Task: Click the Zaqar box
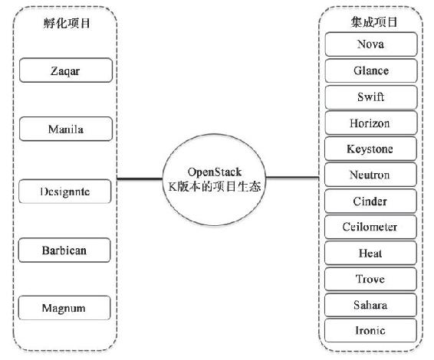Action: [66, 70]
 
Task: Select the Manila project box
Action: [66, 129]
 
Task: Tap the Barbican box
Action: [64, 250]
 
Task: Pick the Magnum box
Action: [64, 308]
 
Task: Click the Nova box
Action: [371, 44]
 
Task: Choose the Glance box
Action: [371, 70]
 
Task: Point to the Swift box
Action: [371, 97]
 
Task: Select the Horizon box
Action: [370, 123]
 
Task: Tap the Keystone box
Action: [370, 149]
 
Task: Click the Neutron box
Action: [370, 175]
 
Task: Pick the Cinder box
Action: [370, 201]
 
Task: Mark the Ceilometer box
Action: [370, 227]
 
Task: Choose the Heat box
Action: [370, 253]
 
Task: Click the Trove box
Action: [370, 279]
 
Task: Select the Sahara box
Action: [370, 305]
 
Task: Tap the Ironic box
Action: [370, 330]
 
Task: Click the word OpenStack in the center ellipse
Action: [215, 172]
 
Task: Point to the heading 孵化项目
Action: [67, 23]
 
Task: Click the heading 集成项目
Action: [374, 22]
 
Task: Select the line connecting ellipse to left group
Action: [140, 178]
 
